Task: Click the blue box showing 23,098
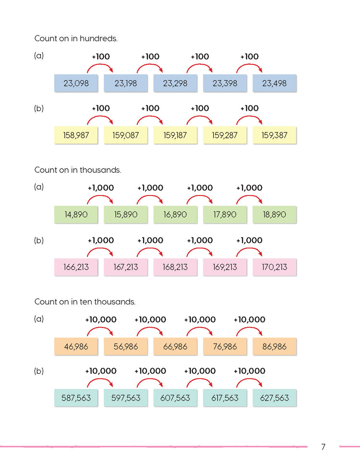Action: pos(76,83)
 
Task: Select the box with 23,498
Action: pos(275,83)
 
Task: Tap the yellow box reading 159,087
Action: pos(126,135)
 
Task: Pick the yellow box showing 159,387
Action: pos(275,135)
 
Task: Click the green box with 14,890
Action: pos(76,215)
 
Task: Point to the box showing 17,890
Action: pos(225,215)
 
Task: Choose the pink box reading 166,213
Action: pos(76,267)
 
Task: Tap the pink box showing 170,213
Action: pos(275,267)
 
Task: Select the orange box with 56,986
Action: pos(126,346)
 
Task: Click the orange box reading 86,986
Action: pos(275,346)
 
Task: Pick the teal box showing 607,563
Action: pos(175,398)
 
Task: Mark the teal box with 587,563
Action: pos(76,398)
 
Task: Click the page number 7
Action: pos(323,447)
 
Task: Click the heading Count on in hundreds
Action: pos(76,38)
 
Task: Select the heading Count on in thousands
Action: pos(78,170)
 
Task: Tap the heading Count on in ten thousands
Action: pos(85,302)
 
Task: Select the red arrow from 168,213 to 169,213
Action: pos(200,251)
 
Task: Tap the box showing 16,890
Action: pos(175,215)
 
